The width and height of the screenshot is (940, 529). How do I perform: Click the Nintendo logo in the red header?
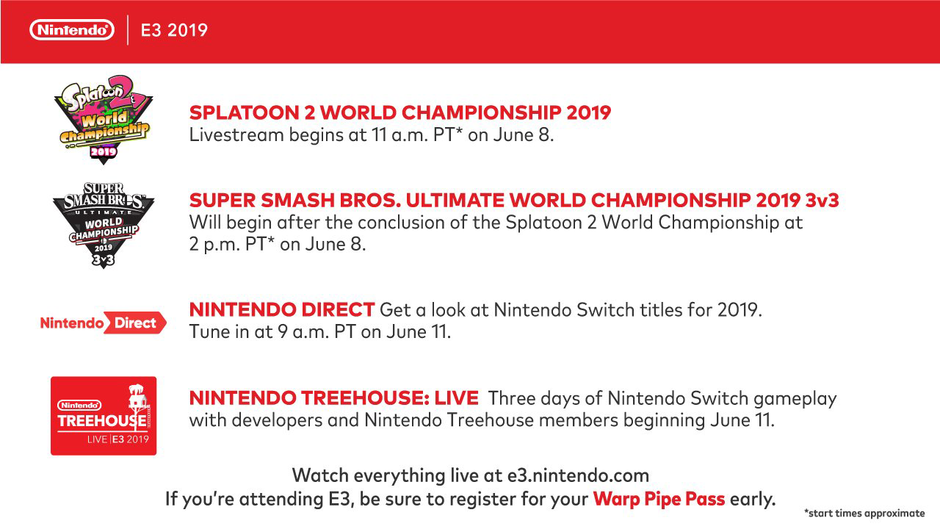click(72, 30)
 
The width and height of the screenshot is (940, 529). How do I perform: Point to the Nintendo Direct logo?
click(103, 323)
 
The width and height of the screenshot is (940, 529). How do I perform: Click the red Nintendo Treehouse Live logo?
click(104, 416)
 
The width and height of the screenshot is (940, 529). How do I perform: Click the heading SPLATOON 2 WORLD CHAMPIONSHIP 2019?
click(400, 112)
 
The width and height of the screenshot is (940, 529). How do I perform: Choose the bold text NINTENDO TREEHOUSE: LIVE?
click(334, 399)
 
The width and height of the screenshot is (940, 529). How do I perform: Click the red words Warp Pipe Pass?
click(659, 500)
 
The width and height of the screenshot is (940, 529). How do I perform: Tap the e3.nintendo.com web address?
click(578, 475)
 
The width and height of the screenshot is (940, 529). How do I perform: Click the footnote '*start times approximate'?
click(864, 514)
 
